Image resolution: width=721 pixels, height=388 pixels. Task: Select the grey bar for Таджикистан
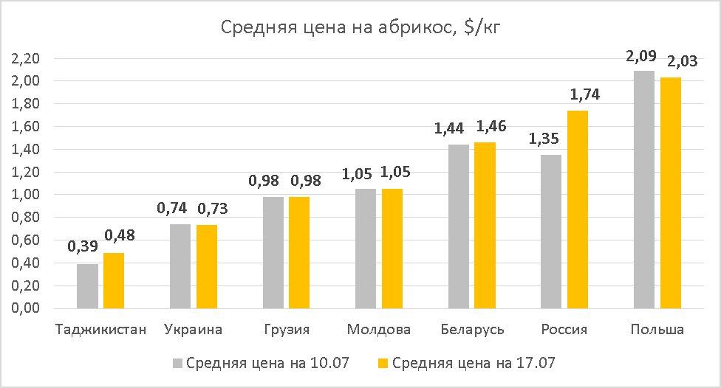(x=87, y=286)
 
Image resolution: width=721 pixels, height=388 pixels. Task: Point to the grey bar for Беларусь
(x=459, y=226)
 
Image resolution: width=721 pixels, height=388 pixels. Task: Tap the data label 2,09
(x=640, y=55)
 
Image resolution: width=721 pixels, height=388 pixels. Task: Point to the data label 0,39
(x=83, y=247)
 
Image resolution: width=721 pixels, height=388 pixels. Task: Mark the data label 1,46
(x=491, y=126)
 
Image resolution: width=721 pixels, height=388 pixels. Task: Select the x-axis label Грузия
(x=286, y=329)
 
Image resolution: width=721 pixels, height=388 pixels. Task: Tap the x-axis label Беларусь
(x=471, y=329)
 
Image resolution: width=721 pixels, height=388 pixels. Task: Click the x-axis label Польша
(x=657, y=329)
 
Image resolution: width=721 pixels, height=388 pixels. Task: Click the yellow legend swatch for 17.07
(x=383, y=363)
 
